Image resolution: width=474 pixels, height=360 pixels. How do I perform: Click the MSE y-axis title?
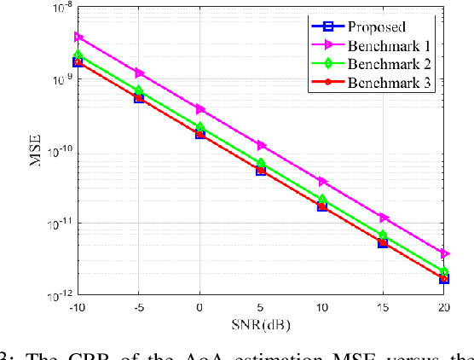tap(38, 152)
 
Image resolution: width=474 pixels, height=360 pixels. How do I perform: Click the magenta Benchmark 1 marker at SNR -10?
tap(78, 37)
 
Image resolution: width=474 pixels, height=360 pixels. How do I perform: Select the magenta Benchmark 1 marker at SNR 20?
tap(444, 253)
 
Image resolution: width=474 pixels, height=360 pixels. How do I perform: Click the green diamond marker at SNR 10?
tap(322, 200)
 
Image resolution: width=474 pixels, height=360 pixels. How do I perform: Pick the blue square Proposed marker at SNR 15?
tap(384, 242)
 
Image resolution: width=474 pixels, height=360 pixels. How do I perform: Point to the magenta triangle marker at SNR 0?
tap(200, 109)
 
